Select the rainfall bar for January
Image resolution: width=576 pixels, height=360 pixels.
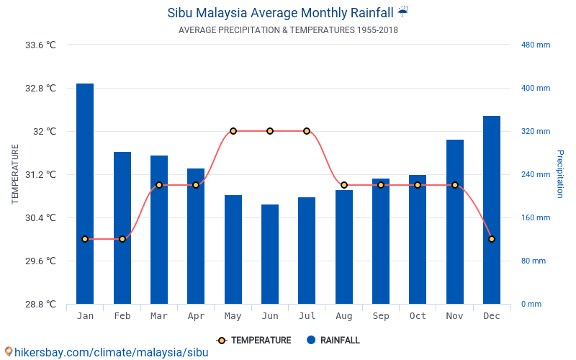[x=85, y=194]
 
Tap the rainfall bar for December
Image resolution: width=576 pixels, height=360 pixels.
[x=492, y=210]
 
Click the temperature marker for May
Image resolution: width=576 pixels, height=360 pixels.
[x=233, y=131]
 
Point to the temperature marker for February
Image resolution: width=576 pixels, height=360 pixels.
[x=122, y=239]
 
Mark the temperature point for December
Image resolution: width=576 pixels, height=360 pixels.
[x=492, y=239]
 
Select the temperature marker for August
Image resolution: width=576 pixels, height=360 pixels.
[x=344, y=185]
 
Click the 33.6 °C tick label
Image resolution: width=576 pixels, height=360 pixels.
[x=40, y=45]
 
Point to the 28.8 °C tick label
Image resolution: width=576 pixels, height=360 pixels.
[x=40, y=304]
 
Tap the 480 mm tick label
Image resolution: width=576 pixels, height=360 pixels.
[x=536, y=45]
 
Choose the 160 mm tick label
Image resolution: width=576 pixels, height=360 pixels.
[x=536, y=217]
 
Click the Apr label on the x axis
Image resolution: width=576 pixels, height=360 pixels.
[x=196, y=316]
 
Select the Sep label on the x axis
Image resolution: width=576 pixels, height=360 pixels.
[x=381, y=316]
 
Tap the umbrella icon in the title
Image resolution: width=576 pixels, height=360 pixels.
[x=403, y=12]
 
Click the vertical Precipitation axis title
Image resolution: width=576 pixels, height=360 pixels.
[x=560, y=174]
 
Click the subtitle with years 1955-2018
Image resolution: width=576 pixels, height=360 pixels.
[x=288, y=30]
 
